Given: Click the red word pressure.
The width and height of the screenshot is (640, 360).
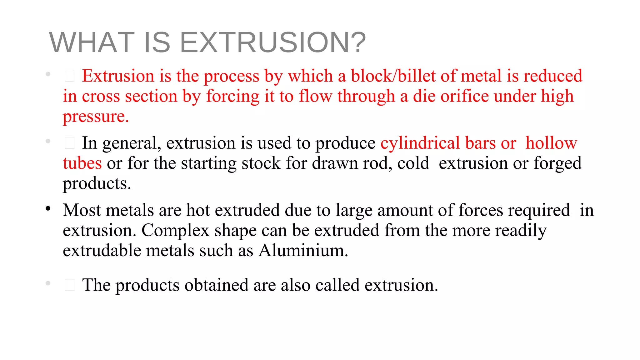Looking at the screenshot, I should [96, 117].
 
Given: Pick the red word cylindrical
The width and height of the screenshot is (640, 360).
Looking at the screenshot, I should [420, 143].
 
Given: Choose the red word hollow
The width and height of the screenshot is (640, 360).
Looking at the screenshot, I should [551, 143].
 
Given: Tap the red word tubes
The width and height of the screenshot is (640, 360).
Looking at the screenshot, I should [82, 163].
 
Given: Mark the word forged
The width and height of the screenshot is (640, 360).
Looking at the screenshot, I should [557, 163].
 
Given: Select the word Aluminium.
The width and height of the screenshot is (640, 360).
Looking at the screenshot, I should [303, 251].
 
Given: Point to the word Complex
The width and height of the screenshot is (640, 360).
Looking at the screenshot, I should [175, 231].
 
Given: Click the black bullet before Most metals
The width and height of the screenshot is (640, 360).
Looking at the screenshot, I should [48, 208].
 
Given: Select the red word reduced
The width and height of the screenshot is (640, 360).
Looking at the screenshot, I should [553, 76].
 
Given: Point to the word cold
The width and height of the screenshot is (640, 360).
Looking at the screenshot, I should [413, 163].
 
